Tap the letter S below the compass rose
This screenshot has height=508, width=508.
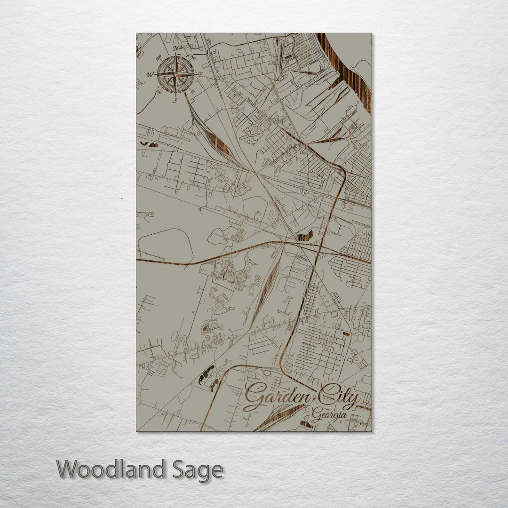click(x=175, y=100)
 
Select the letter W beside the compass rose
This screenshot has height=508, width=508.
click(x=150, y=74)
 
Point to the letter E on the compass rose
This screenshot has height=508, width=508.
click(x=200, y=75)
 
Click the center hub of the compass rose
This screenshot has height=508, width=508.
click(x=175, y=74)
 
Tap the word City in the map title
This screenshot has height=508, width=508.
click(x=338, y=399)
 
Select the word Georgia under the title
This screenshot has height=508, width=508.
click(x=329, y=416)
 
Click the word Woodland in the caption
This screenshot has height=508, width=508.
click(x=111, y=469)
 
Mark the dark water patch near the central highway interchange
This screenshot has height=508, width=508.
click(x=304, y=236)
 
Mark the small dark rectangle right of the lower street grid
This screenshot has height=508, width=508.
click(x=346, y=334)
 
